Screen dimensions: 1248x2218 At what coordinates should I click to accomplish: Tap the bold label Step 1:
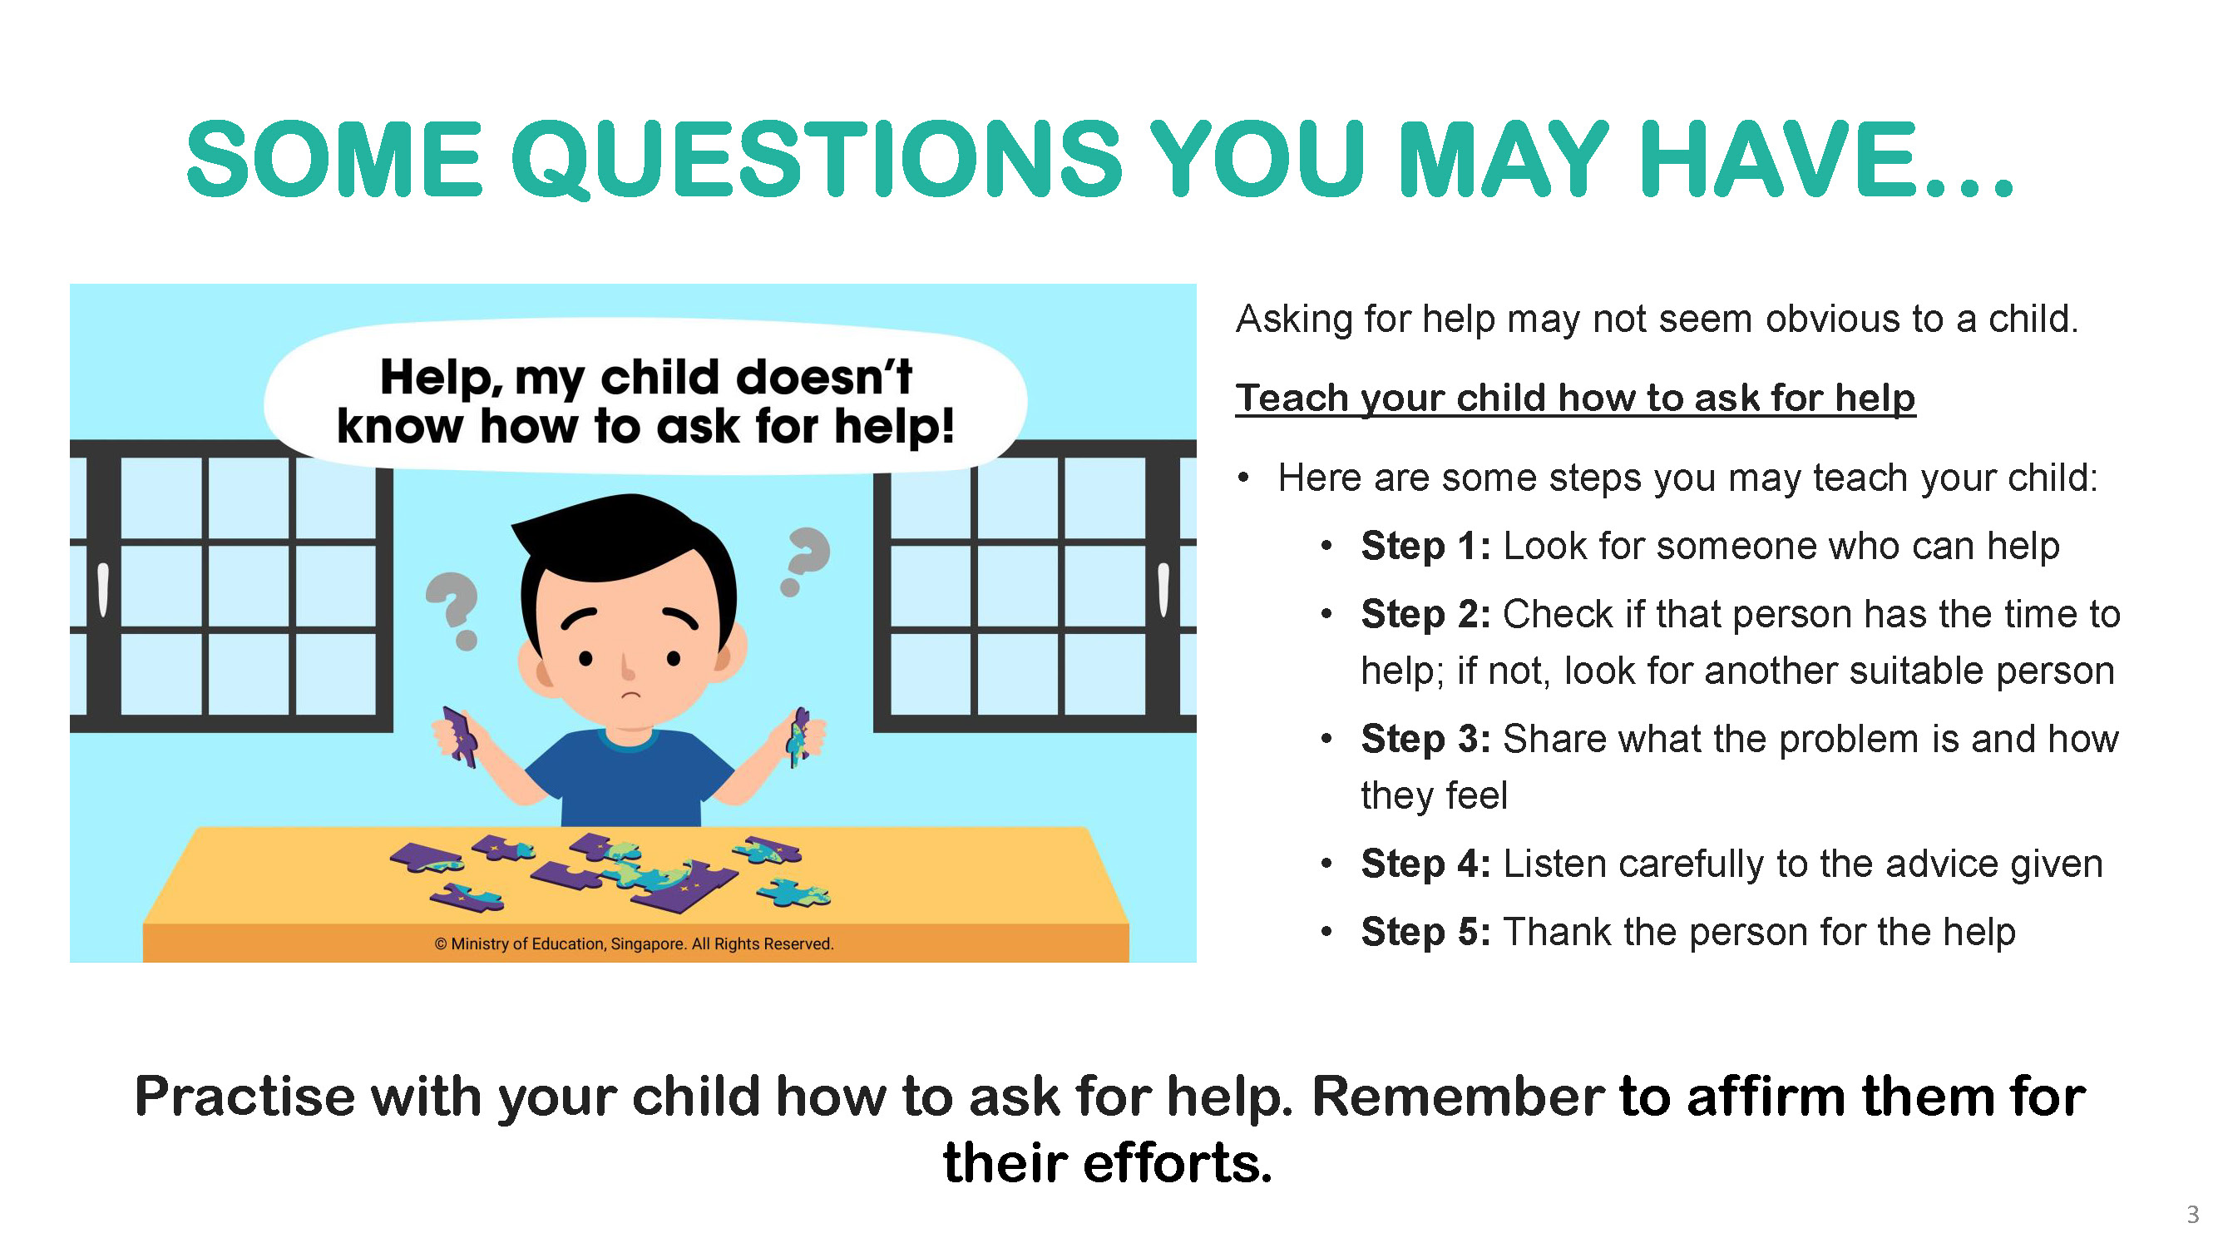[1425, 546]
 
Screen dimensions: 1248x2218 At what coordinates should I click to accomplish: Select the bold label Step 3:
[1425, 739]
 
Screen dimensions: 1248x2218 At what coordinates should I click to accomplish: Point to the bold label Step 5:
[1425, 932]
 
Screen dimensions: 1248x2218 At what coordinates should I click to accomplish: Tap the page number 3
[2192, 1215]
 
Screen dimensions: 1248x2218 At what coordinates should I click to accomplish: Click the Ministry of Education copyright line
[634, 944]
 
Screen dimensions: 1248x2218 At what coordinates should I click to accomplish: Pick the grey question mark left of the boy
[454, 607]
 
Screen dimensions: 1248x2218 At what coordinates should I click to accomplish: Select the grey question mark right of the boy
[805, 560]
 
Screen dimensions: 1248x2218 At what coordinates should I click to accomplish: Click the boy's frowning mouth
[631, 694]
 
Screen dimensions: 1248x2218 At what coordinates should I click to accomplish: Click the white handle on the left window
[103, 589]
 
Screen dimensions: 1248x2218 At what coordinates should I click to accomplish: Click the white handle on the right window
[1163, 589]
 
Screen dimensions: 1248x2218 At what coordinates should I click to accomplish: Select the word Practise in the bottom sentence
[245, 1098]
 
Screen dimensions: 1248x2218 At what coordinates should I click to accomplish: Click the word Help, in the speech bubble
[441, 377]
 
